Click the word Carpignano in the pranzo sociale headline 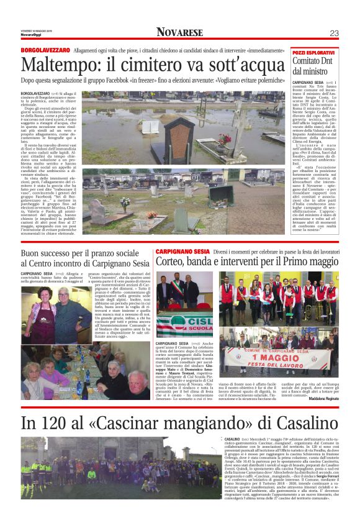tap(121, 263)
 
